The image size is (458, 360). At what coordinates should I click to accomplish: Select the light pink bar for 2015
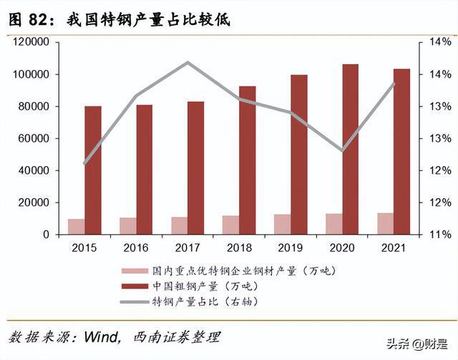77,226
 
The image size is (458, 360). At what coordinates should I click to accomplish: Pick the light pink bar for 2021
386,223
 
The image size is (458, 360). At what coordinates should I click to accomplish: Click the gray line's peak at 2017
188,62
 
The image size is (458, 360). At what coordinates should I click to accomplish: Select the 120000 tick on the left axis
30,42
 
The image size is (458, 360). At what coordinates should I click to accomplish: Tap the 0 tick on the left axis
44,235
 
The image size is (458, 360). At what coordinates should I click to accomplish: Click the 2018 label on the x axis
240,248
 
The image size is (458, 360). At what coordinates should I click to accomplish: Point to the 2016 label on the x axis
137,248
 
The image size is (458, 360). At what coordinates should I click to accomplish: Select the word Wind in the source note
100,336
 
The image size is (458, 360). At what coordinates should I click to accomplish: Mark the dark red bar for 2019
299,155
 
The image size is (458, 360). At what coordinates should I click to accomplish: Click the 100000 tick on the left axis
30,74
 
